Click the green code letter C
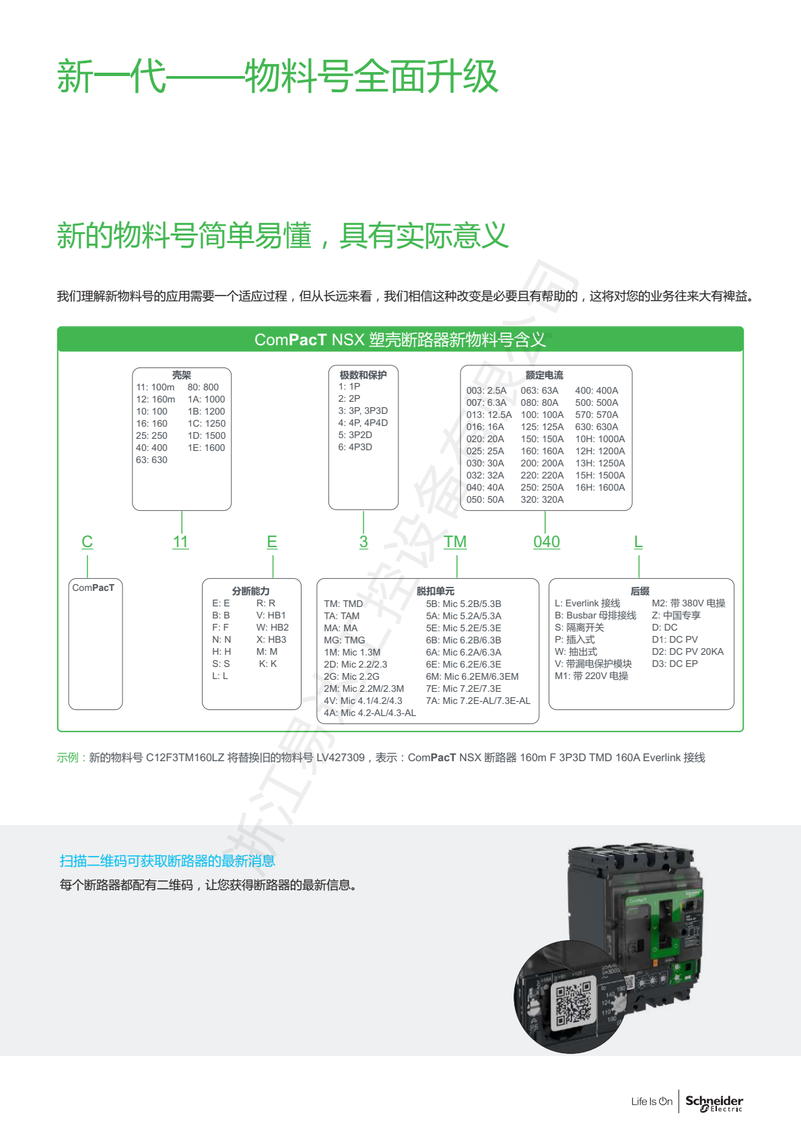(x=87, y=542)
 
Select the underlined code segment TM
(x=455, y=542)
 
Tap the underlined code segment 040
(x=547, y=542)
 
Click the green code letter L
(x=638, y=542)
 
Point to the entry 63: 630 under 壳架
(x=151, y=460)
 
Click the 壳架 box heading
(x=182, y=375)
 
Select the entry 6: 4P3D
(x=355, y=448)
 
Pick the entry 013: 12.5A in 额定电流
(x=489, y=415)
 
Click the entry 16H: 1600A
(x=600, y=488)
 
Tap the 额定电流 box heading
(x=545, y=375)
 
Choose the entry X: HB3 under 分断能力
(x=271, y=640)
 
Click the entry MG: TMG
(x=345, y=640)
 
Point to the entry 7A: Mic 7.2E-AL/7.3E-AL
(x=478, y=701)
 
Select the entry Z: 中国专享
(x=676, y=616)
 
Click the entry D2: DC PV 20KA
(x=688, y=652)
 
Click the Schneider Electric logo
(x=714, y=1103)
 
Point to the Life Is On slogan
(x=652, y=1102)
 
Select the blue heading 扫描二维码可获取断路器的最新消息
(x=168, y=861)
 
